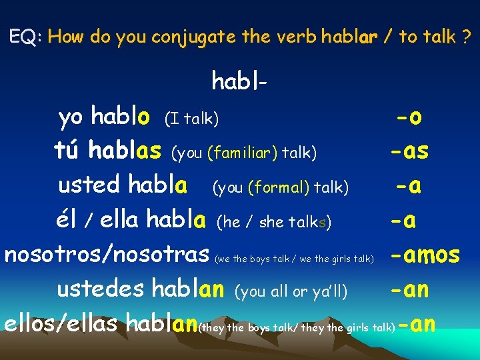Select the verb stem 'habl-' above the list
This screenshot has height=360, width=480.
coord(240,81)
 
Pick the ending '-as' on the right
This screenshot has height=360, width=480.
coord(409,152)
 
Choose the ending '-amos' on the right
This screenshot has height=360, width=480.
coord(425,254)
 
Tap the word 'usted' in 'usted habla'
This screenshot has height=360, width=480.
coord(89,185)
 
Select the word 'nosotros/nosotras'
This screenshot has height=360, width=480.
coord(107,254)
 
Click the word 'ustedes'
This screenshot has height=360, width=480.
coord(101,289)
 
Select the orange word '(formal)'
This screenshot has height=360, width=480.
coord(279,188)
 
